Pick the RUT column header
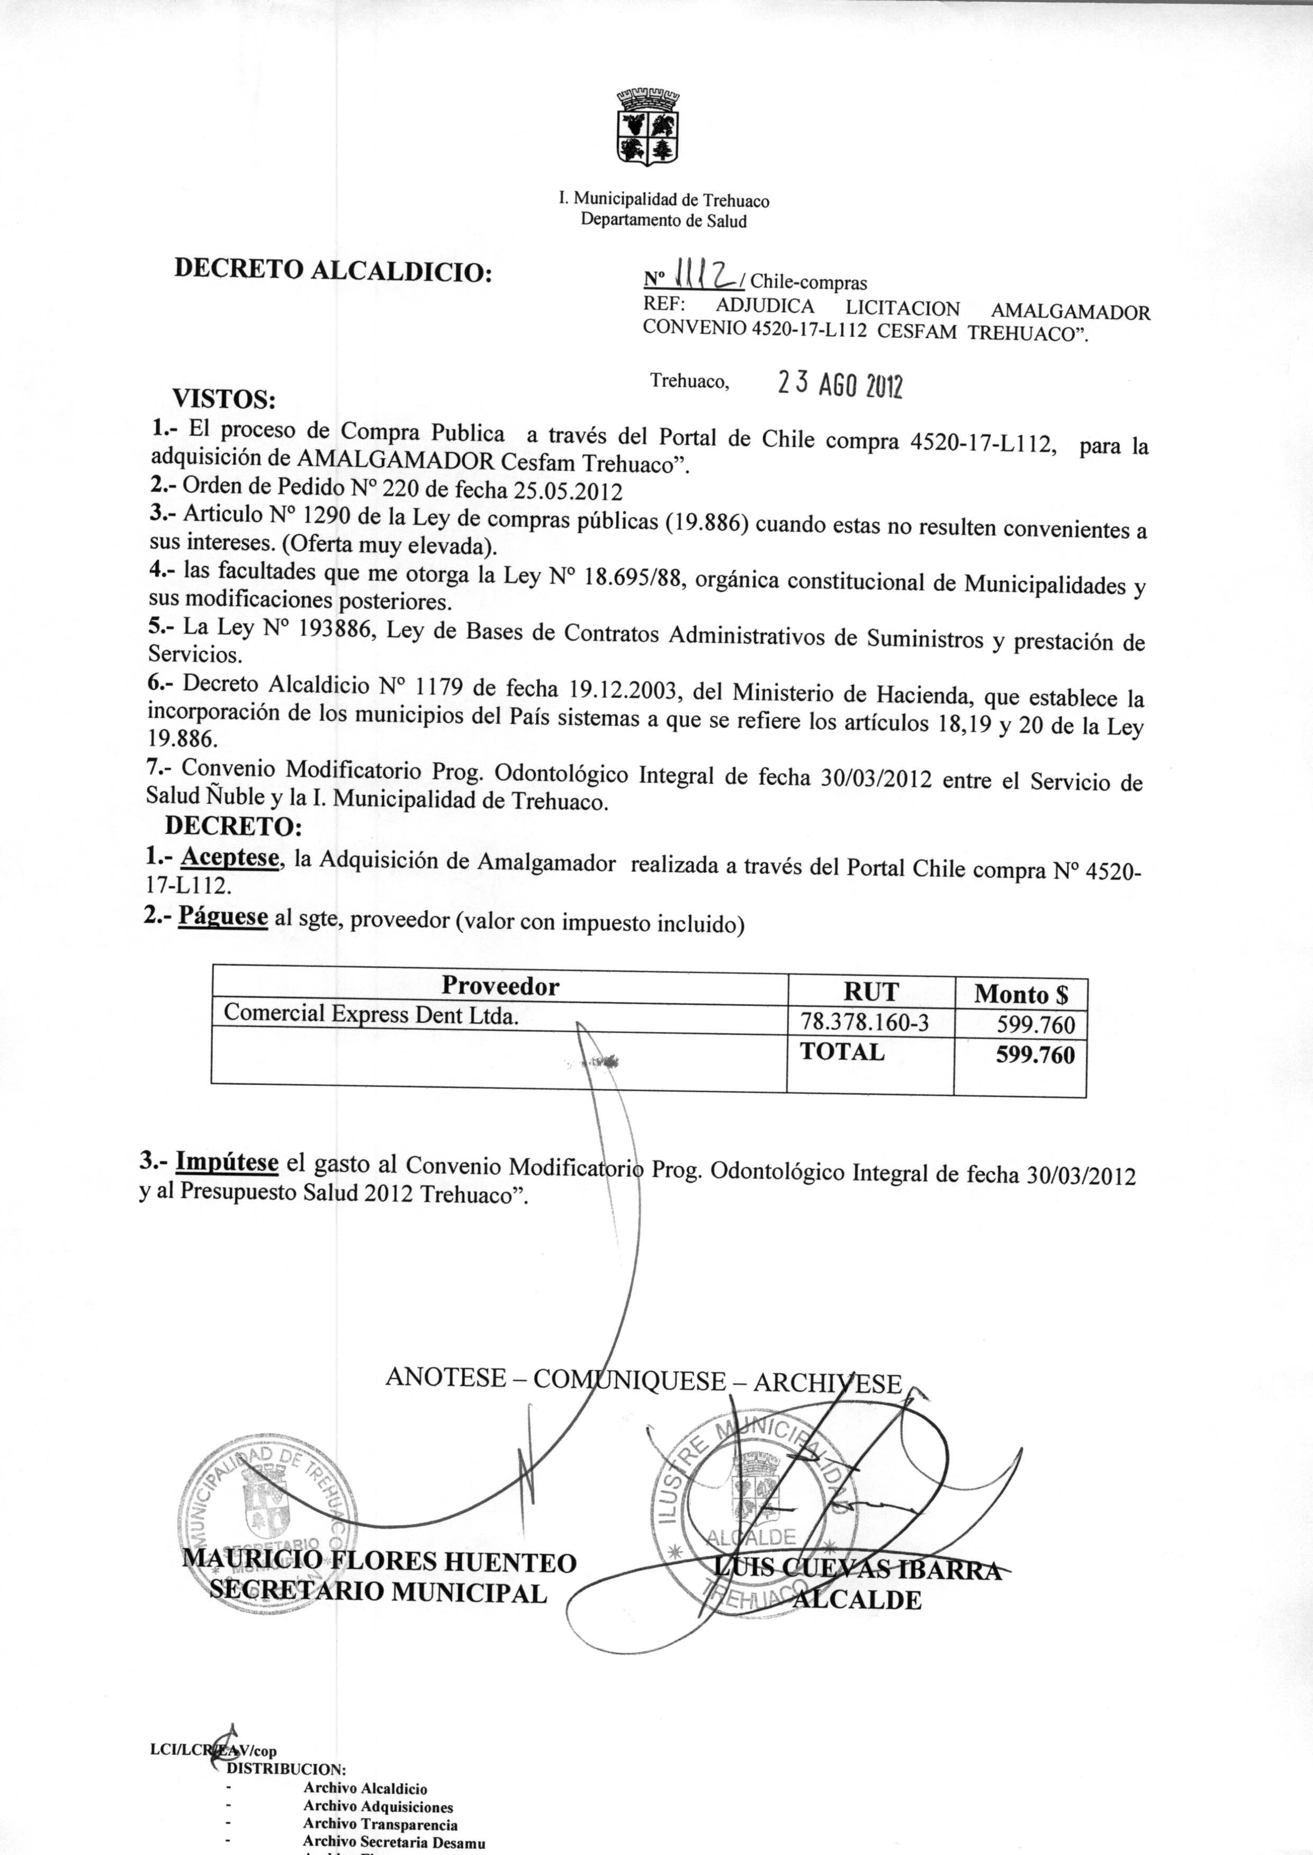tap(871, 992)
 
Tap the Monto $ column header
tap(1020, 993)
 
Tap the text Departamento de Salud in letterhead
tap(664, 221)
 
